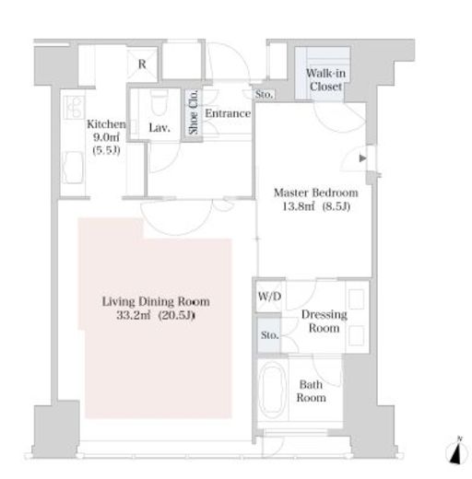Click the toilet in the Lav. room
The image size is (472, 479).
[159, 101]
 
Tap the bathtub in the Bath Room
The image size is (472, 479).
[272, 390]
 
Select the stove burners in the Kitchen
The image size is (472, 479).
[74, 107]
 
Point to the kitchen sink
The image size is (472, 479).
[73, 168]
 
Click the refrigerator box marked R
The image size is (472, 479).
[142, 64]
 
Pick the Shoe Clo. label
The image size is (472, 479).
[193, 112]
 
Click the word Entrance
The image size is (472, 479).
[228, 113]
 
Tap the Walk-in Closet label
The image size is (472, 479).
[325, 80]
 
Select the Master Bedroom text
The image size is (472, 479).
[316, 193]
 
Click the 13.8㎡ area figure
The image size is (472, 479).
[298, 206]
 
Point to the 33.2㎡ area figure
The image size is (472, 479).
[134, 315]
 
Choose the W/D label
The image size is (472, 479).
[269, 297]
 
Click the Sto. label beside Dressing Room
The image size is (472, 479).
[269, 335]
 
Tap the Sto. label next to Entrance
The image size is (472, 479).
[264, 94]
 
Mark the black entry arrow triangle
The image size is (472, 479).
[363, 158]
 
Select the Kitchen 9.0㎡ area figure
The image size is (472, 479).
[106, 137]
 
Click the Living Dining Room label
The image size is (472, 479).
[156, 301]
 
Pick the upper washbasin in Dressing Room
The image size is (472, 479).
[357, 298]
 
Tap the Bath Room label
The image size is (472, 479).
[311, 391]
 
